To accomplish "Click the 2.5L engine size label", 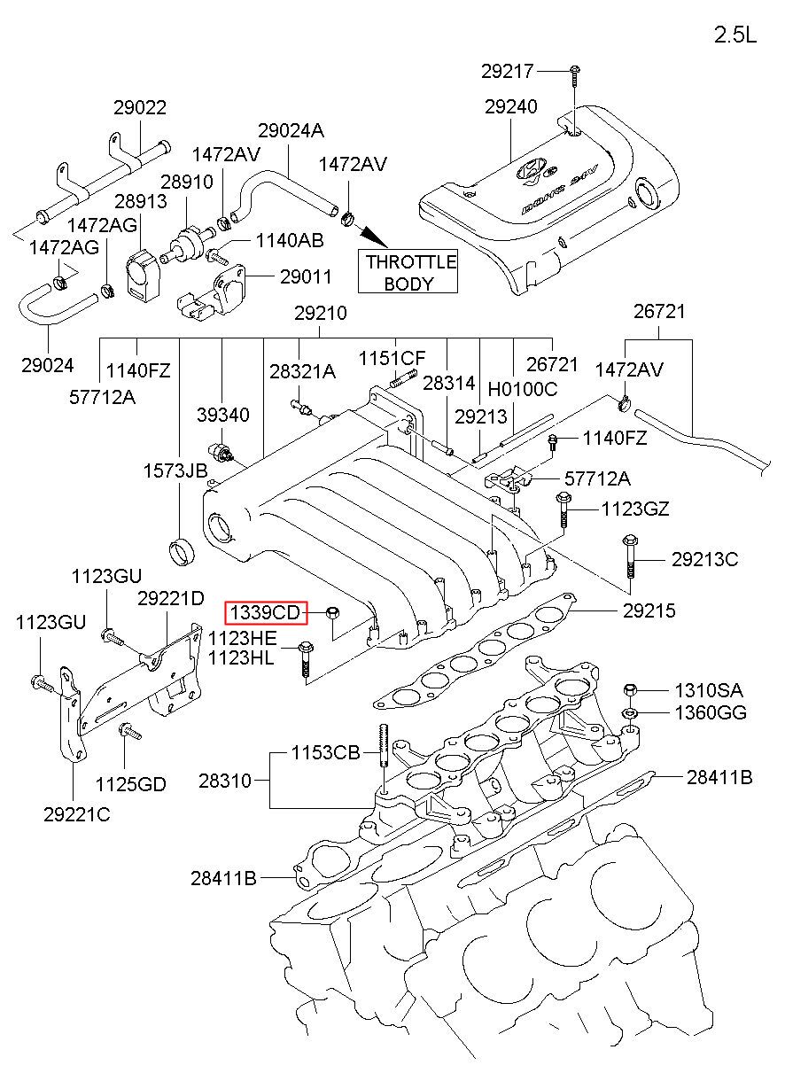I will point(736,35).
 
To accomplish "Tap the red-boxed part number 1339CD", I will point(265,612).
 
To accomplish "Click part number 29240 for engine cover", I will point(510,107).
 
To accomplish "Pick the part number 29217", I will point(509,69).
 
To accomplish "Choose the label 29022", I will point(140,108).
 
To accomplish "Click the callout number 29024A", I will point(291,131).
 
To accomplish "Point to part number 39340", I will point(222,416).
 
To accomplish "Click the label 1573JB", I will point(175,470).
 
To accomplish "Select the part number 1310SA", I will point(709,690).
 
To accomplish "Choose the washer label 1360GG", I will point(711,712).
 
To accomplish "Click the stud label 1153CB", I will point(326,754).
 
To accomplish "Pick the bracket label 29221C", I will point(77,815).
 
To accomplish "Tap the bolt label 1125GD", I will point(130,783).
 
